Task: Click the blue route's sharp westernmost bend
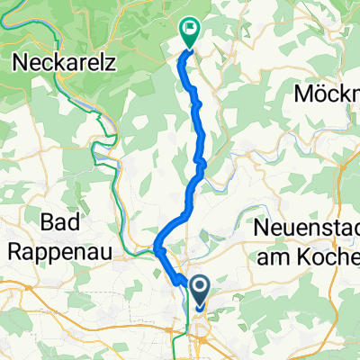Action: (x=157, y=244)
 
